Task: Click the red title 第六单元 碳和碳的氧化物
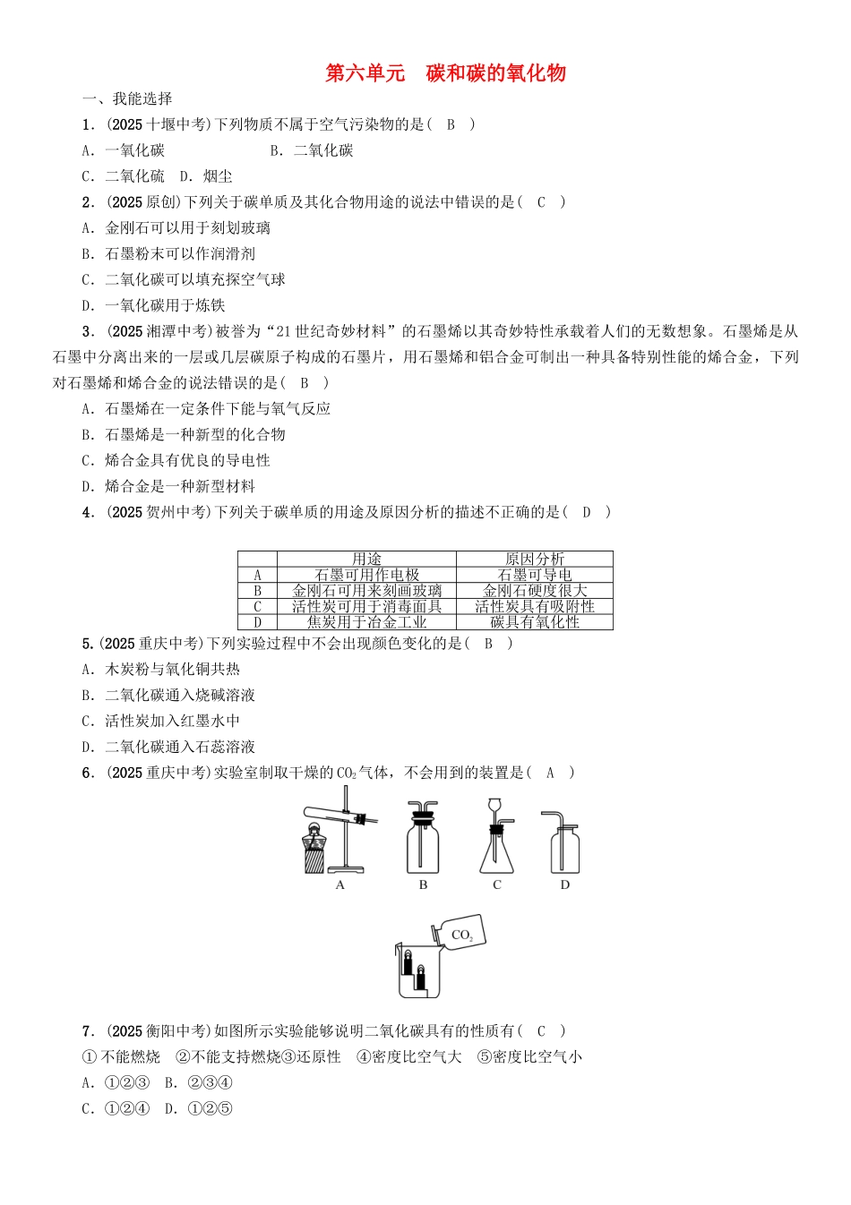(x=445, y=73)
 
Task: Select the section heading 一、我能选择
(x=127, y=98)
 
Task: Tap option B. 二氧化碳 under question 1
(x=312, y=150)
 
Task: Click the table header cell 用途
(x=366, y=559)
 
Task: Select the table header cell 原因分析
(x=535, y=559)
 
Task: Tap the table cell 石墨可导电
(x=535, y=575)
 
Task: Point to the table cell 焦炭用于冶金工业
(x=366, y=622)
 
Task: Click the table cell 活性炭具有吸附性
(x=535, y=606)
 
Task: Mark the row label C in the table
(x=258, y=606)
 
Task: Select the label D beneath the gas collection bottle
(x=564, y=885)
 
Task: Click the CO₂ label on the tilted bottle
(x=462, y=936)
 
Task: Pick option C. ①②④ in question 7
(x=116, y=1108)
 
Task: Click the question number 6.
(x=88, y=773)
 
